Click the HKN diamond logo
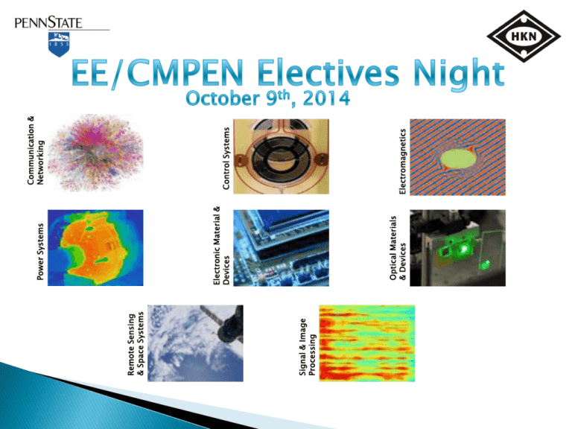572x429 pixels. (x=524, y=36)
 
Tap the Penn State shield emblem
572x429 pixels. (x=59, y=45)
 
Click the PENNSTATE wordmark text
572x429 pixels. (x=48, y=22)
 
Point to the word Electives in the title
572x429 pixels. (x=328, y=72)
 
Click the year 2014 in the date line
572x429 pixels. (x=326, y=98)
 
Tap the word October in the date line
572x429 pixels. (x=223, y=98)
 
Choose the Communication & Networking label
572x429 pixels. (x=36, y=150)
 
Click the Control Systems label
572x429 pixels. (x=226, y=159)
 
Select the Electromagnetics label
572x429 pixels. (x=402, y=161)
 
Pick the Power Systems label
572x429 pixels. (x=40, y=252)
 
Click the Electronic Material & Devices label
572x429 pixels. (x=221, y=246)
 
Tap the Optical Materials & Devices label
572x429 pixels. (x=398, y=248)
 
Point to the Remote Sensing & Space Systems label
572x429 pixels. (x=136, y=344)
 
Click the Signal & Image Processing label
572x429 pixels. (x=307, y=347)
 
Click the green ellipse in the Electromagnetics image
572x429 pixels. (x=459, y=159)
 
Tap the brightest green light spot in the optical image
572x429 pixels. (x=465, y=249)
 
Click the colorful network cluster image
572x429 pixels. (x=95, y=153)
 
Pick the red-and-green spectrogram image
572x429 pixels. (x=367, y=343)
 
